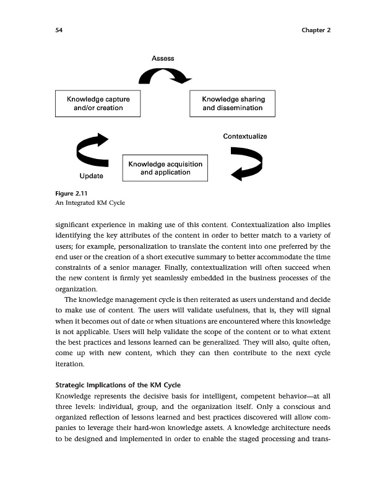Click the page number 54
(x=57, y=30)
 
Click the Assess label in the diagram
(x=163, y=58)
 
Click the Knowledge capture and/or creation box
(x=94, y=103)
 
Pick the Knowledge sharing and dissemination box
(x=233, y=103)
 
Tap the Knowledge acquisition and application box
(x=165, y=168)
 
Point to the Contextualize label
(x=244, y=136)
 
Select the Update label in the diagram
(x=92, y=176)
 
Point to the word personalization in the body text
(x=158, y=246)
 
